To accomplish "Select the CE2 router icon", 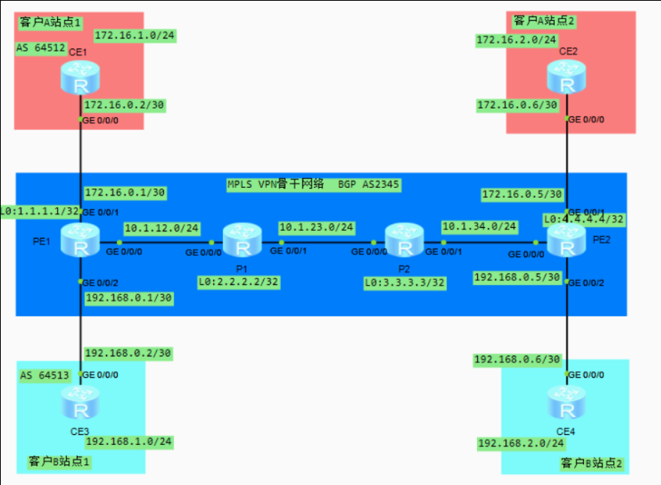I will (567, 77).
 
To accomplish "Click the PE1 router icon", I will (80, 239).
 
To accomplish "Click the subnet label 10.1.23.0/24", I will (316, 227).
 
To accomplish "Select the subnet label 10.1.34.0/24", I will (479, 227).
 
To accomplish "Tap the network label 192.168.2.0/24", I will (521, 443).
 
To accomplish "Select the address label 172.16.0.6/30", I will (517, 105).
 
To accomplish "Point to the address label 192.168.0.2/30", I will (128, 353).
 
